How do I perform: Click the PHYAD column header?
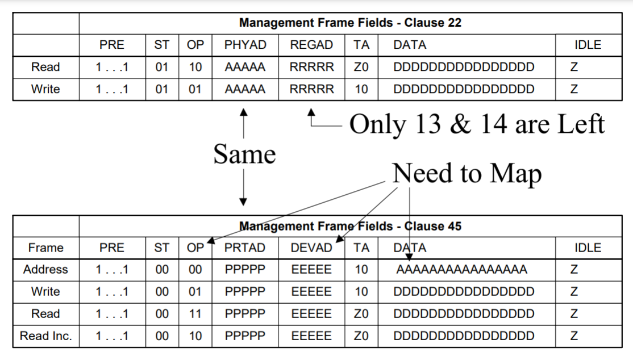(x=245, y=45)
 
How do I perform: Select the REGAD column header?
(x=311, y=45)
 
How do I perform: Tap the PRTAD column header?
(x=245, y=248)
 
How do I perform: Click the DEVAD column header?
(x=311, y=248)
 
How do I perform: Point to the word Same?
(x=244, y=154)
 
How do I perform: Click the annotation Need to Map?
(x=467, y=173)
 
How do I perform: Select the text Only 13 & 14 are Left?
(x=477, y=124)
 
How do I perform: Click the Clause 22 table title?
(x=350, y=23)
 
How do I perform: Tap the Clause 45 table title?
(x=350, y=226)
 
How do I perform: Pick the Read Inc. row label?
(x=46, y=336)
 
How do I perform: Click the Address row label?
(x=45, y=270)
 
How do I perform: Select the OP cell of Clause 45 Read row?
(x=195, y=314)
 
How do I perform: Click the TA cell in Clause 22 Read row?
(x=361, y=67)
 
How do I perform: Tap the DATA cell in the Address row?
(x=461, y=270)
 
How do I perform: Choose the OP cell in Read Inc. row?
(x=195, y=336)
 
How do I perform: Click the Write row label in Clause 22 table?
(x=45, y=89)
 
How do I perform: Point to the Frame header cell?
(x=45, y=248)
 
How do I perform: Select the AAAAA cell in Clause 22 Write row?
(x=245, y=89)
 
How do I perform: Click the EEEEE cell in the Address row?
(x=311, y=270)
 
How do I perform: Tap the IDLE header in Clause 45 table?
(x=588, y=248)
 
